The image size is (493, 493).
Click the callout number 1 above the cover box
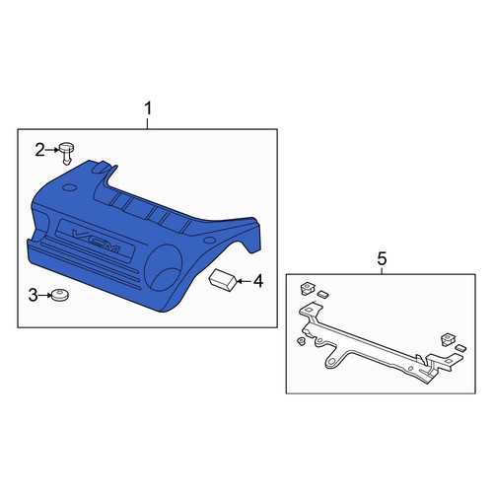[x=148, y=108]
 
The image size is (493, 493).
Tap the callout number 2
[x=39, y=151]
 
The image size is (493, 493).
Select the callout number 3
[x=33, y=295]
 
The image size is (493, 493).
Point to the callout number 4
[x=258, y=281]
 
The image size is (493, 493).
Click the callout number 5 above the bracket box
[x=382, y=259]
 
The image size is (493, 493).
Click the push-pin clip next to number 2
[x=66, y=153]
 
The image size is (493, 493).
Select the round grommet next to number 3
[x=60, y=295]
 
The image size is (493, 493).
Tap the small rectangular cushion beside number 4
[x=223, y=279]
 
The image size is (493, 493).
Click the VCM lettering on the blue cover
[x=96, y=241]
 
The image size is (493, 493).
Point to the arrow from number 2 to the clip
[x=51, y=150]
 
